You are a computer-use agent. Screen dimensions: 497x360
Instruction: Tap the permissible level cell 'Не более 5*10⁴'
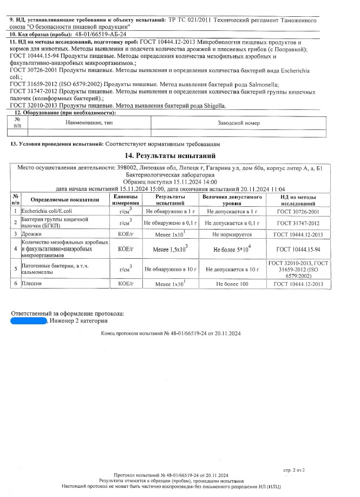pos(231,249)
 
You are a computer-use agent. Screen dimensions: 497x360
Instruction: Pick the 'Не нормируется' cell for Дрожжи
pos(230,234)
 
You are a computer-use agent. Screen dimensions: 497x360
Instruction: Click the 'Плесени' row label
pos(31,283)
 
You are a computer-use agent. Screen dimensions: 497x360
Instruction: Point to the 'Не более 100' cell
pos(231,283)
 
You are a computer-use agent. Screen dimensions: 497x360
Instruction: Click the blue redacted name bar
pos(29,321)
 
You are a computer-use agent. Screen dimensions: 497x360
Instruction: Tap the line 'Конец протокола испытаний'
pos(171,334)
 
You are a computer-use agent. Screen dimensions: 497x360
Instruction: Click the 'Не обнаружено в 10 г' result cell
pos(170,267)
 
